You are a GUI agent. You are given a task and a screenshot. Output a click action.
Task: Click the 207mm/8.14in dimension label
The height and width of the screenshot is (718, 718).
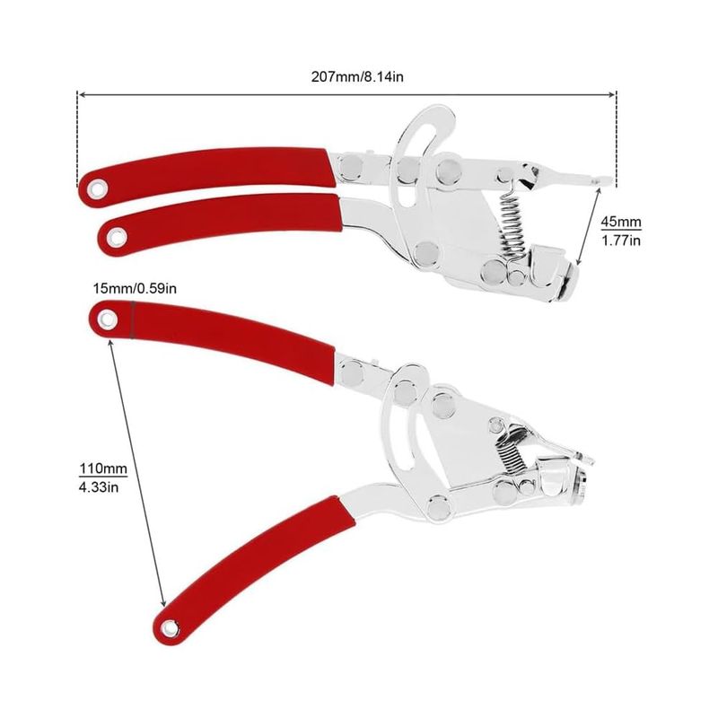coord(357,76)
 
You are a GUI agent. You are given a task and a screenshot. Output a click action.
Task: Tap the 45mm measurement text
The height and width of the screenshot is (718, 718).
coord(621,222)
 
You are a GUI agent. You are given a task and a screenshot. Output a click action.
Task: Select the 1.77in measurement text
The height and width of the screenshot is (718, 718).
coord(621,241)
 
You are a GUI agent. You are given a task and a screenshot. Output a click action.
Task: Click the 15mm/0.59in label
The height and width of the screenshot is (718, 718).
coord(135,288)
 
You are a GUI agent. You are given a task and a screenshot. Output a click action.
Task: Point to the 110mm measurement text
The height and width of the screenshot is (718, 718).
coord(103,468)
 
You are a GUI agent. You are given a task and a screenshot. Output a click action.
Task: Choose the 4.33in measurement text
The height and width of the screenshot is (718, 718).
coord(99,487)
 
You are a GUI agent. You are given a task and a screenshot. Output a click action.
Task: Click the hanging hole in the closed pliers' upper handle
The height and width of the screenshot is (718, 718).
coord(97,188)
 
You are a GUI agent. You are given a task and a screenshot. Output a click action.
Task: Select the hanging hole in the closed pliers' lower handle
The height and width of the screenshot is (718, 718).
coord(117,237)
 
